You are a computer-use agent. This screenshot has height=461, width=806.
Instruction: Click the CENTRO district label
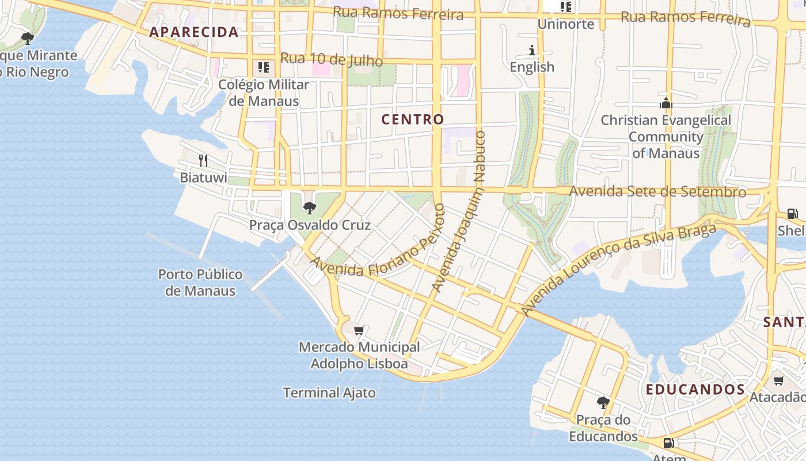coord(413,119)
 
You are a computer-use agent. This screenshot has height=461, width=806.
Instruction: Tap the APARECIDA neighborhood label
coord(194,32)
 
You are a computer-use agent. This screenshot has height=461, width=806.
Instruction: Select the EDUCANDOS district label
coord(695,390)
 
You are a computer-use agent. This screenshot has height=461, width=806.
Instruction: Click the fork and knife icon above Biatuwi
coord(203,160)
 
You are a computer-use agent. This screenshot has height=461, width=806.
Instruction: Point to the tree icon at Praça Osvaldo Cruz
coord(310,207)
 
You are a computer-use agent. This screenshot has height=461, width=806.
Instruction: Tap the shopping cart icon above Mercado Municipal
coord(359,331)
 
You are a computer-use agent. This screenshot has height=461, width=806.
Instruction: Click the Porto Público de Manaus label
coord(200,282)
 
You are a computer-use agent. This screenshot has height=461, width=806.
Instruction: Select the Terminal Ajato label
coord(329,393)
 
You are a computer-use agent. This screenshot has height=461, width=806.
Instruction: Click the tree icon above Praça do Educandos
coord(603,402)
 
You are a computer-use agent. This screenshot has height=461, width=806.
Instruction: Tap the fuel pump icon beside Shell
coord(793,214)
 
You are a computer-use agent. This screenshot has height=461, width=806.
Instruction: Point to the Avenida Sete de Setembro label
coord(657,191)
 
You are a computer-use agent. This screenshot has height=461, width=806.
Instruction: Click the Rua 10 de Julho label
coord(332,59)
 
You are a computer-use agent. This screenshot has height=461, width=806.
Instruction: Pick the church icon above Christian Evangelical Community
coord(666,104)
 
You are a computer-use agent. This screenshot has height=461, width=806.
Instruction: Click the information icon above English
coord(532,51)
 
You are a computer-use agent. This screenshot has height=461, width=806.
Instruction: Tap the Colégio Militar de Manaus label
coord(264,93)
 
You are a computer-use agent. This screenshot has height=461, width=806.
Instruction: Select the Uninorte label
coord(565,24)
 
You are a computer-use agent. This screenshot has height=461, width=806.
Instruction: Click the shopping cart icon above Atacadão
coord(778,380)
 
